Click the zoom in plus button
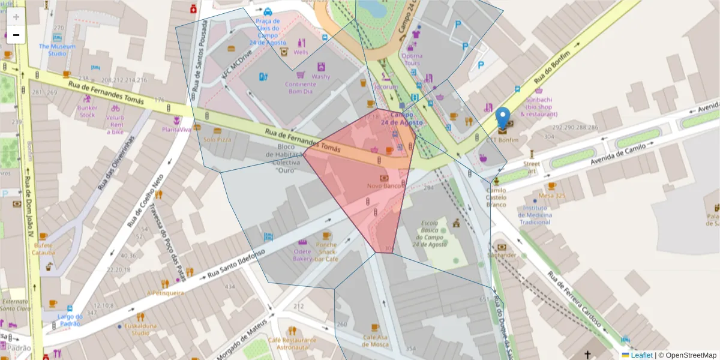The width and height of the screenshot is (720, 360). tap(16, 17)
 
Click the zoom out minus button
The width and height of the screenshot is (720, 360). tap(16, 35)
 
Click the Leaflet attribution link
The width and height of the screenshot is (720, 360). tap(641, 355)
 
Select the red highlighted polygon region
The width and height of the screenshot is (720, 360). tap(366, 180)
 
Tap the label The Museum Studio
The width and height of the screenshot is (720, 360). tap(58, 50)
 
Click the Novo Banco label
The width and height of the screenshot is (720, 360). tap(384, 186)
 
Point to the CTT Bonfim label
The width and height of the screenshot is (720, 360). tap(502, 140)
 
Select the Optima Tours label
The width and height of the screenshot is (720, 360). tap(412, 59)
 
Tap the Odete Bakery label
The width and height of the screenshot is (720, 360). tap(302, 254)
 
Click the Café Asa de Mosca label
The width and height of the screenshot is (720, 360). tap(375, 341)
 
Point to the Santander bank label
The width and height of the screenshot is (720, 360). tap(502, 255)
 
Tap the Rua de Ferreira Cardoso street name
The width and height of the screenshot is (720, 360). tap(574, 300)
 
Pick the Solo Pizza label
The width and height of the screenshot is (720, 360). tap(217, 139)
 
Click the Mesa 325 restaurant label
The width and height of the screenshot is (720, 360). tap(552, 196)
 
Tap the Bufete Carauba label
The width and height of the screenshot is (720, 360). tap(44, 248)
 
